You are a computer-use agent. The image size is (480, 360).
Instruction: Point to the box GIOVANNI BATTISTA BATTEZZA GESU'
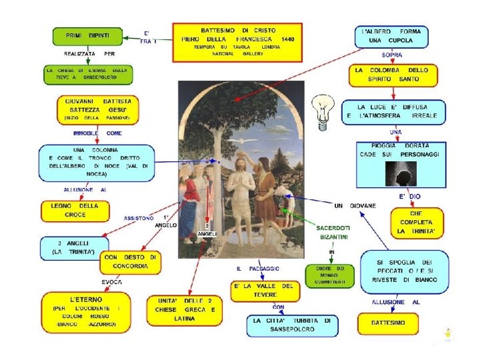[x=97, y=109]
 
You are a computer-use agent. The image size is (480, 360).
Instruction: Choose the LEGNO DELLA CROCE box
[x=74, y=211]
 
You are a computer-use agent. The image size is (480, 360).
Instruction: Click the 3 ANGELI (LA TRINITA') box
[x=74, y=248]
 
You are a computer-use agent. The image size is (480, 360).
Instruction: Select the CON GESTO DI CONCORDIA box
[x=131, y=262]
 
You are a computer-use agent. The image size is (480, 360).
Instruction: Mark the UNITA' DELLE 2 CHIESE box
[x=185, y=309]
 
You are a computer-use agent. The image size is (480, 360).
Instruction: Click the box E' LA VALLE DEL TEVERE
[x=264, y=291]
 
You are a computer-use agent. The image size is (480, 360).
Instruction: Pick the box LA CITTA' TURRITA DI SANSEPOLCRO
[x=292, y=325]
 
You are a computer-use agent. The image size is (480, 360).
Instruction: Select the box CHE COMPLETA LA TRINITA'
[x=415, y=222]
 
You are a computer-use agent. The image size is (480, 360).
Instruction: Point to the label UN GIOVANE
[x=355, y=205]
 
